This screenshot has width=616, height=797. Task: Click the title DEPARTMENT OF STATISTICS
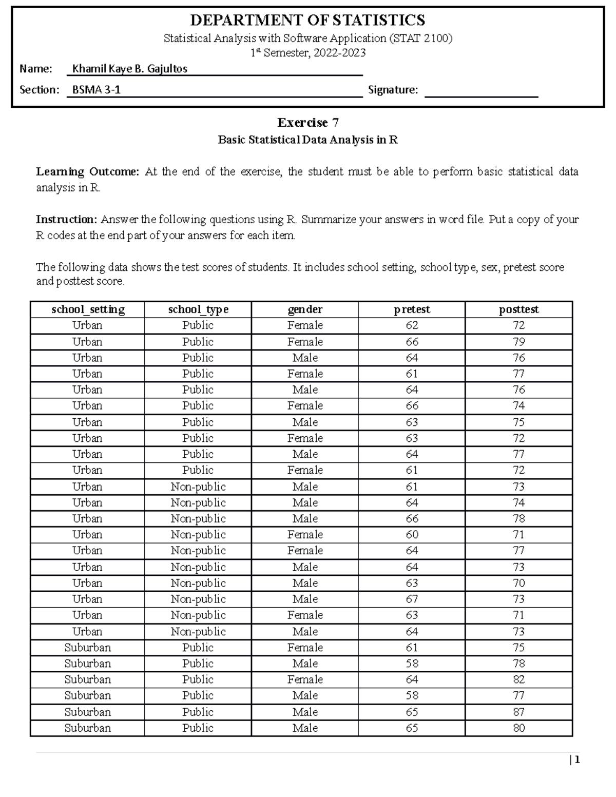click(x=307, y=20)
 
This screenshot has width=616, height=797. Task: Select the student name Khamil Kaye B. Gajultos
click(x=129, y=68)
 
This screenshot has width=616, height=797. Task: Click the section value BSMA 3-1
click(x=97, y=90)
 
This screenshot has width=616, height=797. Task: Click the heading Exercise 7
click(x=307, y=122)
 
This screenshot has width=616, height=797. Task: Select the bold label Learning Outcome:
click(x=87, y=171)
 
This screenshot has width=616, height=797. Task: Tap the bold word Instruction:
click(x=66, y=220)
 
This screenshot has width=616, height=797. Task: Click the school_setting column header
click(x=88, y=309)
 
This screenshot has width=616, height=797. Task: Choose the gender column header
click(x=305, y=309)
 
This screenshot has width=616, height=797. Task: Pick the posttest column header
click(x=518, y=309)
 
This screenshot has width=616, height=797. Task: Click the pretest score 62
click(x=412, y=325)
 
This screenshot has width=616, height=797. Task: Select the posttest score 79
click(x=518, y=342)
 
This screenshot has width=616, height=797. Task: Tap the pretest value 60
click(x=412, y=535)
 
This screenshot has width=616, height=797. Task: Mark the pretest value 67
click(x=412, y=599)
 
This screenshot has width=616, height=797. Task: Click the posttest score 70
click(x=518, y=583)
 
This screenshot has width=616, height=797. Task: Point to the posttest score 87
click(x=518, y=712)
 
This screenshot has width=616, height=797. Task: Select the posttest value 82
click(x=518, y=679)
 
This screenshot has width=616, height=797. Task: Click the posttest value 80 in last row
click(x=518, y=728)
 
